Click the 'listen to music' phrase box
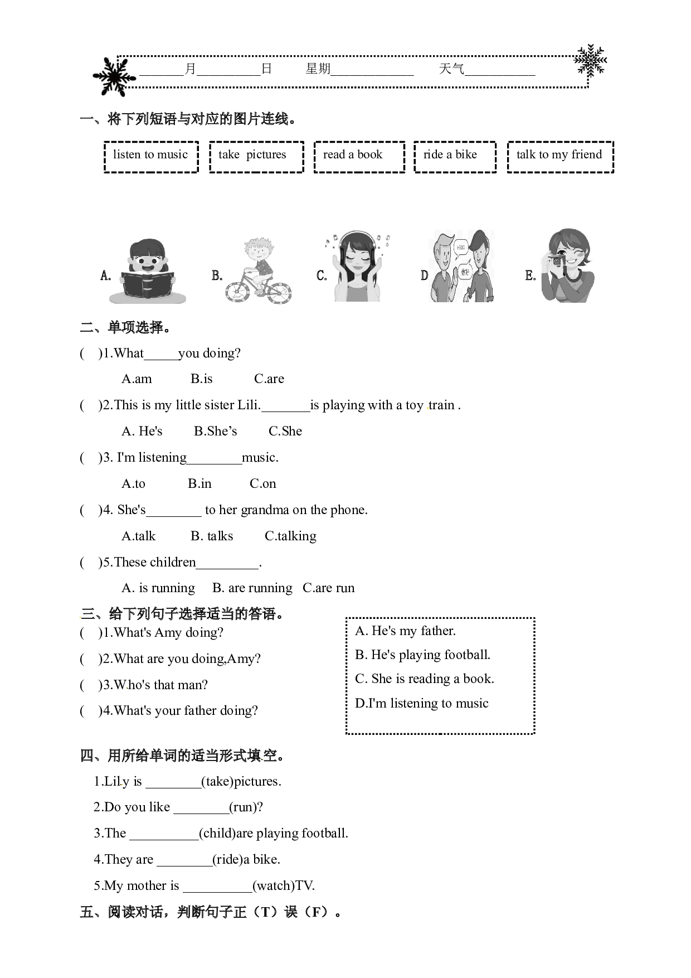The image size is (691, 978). [151, 157]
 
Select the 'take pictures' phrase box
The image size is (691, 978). [256, 157]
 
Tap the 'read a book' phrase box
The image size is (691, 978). [359, 157]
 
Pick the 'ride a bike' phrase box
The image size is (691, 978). [455, 157]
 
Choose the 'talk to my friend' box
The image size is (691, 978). [560, 157]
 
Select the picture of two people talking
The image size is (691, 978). [461, 266]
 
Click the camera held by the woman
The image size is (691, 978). [556, 260]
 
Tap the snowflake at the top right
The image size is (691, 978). [591, 60]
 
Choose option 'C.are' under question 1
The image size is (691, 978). [269, 379]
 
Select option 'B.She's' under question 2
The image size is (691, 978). [216, 431]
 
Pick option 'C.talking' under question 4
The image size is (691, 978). [290, 536]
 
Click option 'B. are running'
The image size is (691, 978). [252, 588]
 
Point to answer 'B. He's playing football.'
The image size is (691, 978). [423, 655]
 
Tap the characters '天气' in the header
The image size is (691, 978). [451, 69]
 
